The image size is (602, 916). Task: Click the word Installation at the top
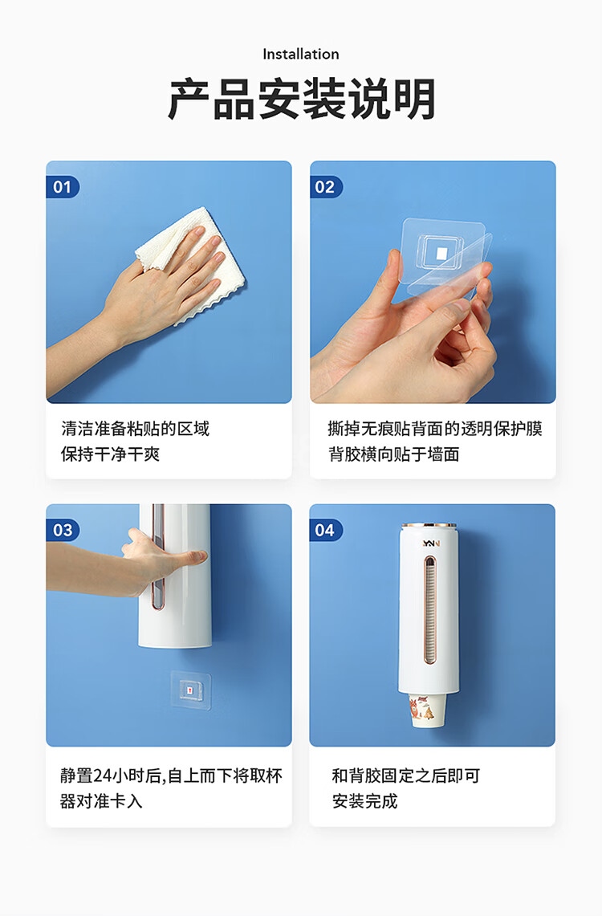(x=301, y=55)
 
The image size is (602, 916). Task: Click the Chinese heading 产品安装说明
(x=301, y=99)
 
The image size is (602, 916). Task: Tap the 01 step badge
(x=62, y=187)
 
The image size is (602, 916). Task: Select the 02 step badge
(x=325, y=187)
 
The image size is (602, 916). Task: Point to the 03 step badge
(x=63, y=530)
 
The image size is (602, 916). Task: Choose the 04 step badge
(x=325, y=530)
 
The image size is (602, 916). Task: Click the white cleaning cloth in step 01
(x=192, y=263)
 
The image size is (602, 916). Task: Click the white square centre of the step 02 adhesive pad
(x=442, y=253)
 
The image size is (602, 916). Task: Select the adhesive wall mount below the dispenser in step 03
(x=190, y=690)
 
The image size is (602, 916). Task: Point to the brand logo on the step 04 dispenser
(x=431, y=543)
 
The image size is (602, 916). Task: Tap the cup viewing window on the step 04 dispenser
(x=429, y=610)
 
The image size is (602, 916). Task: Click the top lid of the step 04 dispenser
(x=429, y=527)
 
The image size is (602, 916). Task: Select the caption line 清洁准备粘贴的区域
(x=136, y=429)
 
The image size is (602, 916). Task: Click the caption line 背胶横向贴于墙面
(x=393, y=454)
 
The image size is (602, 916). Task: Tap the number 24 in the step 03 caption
(x=103, y=776)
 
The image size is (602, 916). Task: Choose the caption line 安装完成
(x=365, y=801)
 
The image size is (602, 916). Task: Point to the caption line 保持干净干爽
(x=110, y=454)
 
